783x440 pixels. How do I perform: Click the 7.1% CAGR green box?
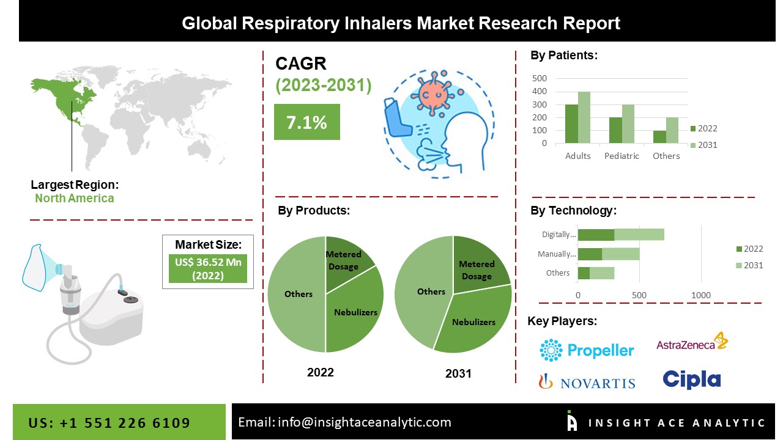click(306, 122)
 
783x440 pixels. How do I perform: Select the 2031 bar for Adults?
click(584, 117)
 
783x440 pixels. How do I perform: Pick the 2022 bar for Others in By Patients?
click(659, 137)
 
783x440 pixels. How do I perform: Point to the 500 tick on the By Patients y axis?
click(540, 78)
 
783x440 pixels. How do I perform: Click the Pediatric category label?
click(622, 156)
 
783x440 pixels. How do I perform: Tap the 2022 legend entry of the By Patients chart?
click(703, 128)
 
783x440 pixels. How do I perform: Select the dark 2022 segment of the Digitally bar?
click(596, 235)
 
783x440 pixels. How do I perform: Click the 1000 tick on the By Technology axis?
click(701, 295)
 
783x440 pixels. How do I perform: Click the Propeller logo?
click(587, 350)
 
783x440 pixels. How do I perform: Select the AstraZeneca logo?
click(692, 343)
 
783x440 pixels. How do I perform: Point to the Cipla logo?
click(692, 380)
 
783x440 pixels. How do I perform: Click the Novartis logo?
click(587, 383)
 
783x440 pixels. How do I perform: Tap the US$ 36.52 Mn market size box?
click(207, 269)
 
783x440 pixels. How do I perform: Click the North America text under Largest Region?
click(74, 198)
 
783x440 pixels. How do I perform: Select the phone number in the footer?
click(109, 423)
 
